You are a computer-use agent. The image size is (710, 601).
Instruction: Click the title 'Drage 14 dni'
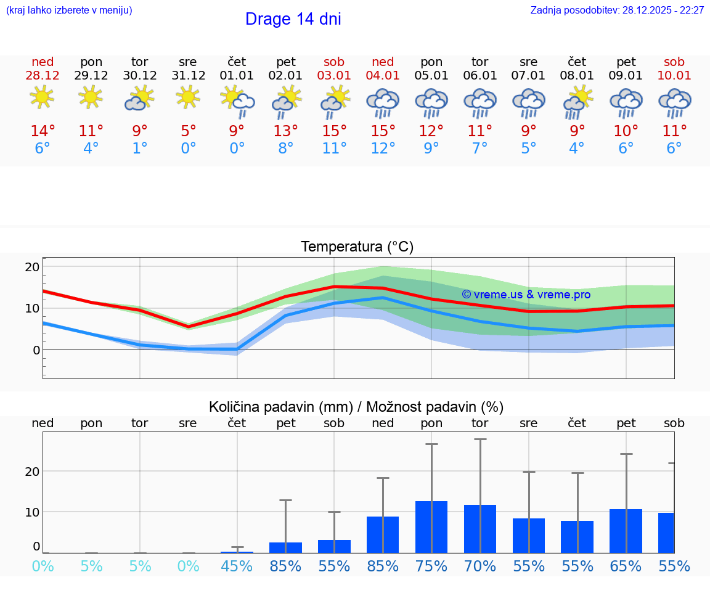tap(293, 19)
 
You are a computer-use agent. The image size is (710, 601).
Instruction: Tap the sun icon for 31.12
tap(188, 97)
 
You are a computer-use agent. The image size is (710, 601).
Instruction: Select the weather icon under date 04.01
tap(383, 103)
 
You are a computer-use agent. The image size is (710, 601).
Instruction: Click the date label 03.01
tap(334, 76)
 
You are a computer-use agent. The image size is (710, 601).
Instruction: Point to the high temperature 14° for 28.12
tap(43, 131)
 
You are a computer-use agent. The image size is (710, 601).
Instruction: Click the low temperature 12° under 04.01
tap(383, 149)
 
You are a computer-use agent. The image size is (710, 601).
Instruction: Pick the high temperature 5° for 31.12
tap(188, 131)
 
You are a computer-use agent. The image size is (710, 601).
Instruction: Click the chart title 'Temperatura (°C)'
tap(357, 247)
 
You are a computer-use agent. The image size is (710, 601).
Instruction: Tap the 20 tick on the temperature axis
tap(32, 267)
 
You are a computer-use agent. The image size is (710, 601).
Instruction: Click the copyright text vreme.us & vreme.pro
tap(526, 295)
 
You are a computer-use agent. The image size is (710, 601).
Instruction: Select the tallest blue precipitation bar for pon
tap(431, 527)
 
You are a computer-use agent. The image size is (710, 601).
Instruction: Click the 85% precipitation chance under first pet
tap(285, 566)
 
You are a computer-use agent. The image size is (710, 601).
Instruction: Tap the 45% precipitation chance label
tap(237, 566)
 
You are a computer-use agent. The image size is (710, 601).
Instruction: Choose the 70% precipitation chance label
tap(480, 566)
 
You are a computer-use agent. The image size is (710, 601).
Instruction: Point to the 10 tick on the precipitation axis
tap(32, 512)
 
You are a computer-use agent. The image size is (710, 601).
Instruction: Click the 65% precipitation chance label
tap(626, 566)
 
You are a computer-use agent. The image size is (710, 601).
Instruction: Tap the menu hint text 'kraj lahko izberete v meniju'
tap(69, 10)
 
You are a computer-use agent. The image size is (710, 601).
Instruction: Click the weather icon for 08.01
tap(577, 103)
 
